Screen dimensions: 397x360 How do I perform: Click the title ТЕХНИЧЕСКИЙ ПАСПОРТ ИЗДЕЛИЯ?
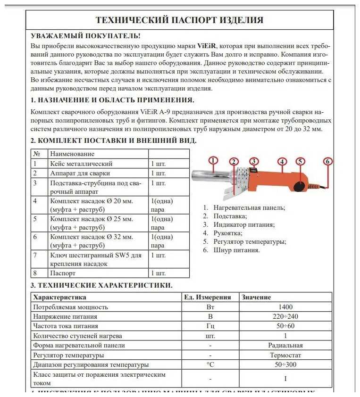179,20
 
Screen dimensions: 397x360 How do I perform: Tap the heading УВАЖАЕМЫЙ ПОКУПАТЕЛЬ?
85,36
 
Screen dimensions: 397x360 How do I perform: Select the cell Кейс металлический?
81,164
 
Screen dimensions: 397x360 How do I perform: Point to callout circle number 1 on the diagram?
213,161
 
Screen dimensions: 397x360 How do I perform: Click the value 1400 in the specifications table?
285,307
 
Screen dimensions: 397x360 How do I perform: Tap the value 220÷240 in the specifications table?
285,316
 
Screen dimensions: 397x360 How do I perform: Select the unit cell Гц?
210,326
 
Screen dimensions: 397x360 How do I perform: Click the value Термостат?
285,355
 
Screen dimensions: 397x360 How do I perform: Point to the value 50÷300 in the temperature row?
285,364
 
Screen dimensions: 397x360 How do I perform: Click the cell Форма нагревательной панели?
79,345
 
